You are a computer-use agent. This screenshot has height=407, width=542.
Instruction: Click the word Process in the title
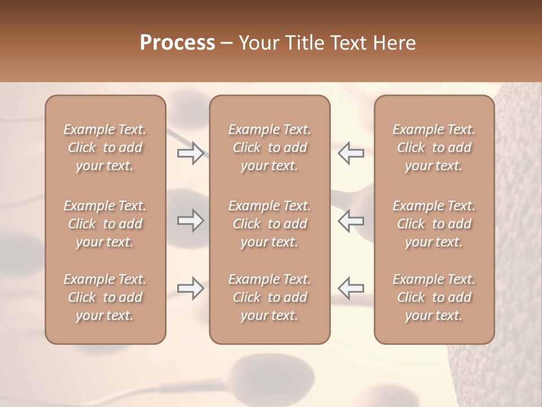tap(177, 43)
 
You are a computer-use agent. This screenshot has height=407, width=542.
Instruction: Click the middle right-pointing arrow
tap(190, 220)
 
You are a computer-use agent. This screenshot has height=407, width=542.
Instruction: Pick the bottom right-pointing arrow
tap(190, 288)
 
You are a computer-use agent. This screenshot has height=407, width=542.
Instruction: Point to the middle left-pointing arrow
tap(351, 220)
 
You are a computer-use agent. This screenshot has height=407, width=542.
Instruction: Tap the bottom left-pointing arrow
tap(351, 288)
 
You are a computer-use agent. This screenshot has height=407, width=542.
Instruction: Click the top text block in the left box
tap(105, 148)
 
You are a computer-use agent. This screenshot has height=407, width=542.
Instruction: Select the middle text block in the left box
tap(105, 224)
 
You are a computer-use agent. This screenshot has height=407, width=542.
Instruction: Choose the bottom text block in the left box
tap(105, 297)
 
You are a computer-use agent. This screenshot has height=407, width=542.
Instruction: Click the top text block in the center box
tap(270, 148)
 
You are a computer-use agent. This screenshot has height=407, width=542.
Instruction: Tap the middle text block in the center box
tap(270, 224)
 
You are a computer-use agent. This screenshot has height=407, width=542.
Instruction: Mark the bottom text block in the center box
tap(270, 297)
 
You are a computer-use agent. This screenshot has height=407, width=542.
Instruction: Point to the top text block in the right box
tap(434, 148)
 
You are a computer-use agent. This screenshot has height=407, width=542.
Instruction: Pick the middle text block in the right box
tap(434, 224)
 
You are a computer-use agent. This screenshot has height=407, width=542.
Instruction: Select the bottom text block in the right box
tap(434, 297)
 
